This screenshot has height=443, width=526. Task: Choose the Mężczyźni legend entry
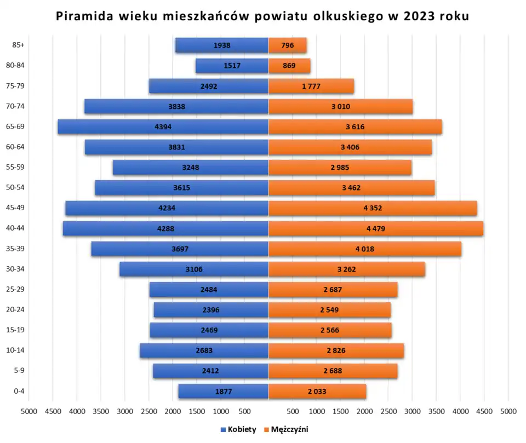point(289,430)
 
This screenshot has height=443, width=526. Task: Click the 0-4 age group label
point(18,391)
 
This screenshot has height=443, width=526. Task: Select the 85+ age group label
point(18,45)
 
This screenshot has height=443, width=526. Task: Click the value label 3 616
point(355,126)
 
